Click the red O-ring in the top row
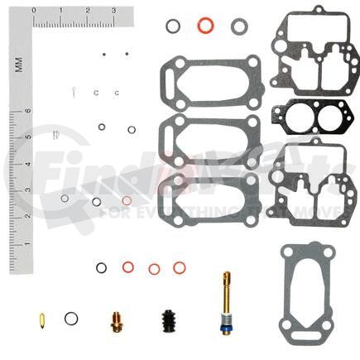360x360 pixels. pyautogui.click(x=204, y=26)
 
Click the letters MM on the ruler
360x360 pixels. pyautogui.click(x=18, y=64)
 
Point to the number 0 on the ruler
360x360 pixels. pyautogui.click(x=34, y=11)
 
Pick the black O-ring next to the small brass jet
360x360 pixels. pyautogui.click(x=72, y=317)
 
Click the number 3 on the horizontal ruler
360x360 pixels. pyautogui.click(x=113, y=11)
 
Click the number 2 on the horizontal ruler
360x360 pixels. pyautogui.click(x=87, y=11)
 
